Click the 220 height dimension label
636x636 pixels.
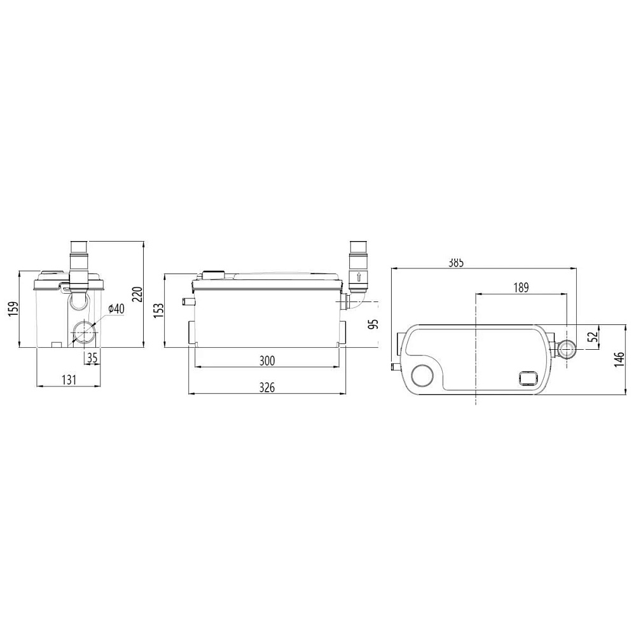[x=138, y=294]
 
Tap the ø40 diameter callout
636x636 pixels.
[x=116, y=308]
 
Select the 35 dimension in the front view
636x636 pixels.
[x=92, y=357]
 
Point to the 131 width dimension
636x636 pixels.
[x=69, y=380]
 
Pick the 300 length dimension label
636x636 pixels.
[x=266, y=360]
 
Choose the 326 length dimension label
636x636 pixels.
[x=266, y=387]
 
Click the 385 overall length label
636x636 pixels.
[x=455, y=263]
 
